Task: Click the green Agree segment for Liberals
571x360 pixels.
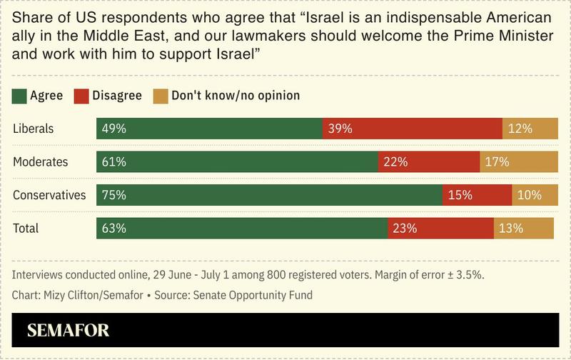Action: [x=209, y=129]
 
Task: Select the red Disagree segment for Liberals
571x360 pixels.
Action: [x=413, y=129]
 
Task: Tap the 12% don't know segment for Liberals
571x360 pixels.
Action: [x=530, y=129]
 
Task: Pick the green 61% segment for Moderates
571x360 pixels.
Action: [x=237, y=162]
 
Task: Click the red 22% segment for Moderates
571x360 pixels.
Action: [x=428, y=162]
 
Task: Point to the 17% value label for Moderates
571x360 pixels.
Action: [x=497, y=162]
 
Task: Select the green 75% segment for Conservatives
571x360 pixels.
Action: [x=270, y=195]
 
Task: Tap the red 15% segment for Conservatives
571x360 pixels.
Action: [x=477, y=195]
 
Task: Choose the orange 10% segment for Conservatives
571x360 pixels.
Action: [x=535, y=195]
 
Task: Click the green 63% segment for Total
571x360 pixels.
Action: [x=242, y=229]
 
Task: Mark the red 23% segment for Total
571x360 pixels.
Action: [x=440, y=229]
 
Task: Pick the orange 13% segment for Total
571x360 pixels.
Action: [x=523, y=229]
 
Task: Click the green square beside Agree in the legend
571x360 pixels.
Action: [x=19, y=95]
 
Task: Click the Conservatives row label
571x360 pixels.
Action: [x=49, y=195]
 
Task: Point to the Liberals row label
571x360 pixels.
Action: [x=34, y=129]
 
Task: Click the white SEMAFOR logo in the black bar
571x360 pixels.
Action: [x=68, y=331]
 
